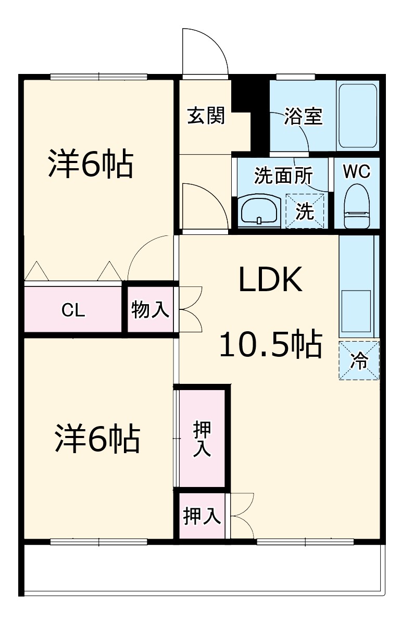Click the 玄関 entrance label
206,116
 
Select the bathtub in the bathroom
357,116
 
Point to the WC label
357,171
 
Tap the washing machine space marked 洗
305,211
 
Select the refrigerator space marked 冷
359,360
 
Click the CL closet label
73,310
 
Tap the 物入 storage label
150,310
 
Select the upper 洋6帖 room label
92,164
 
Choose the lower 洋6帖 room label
98,439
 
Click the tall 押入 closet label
202,439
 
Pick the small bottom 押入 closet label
202,516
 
